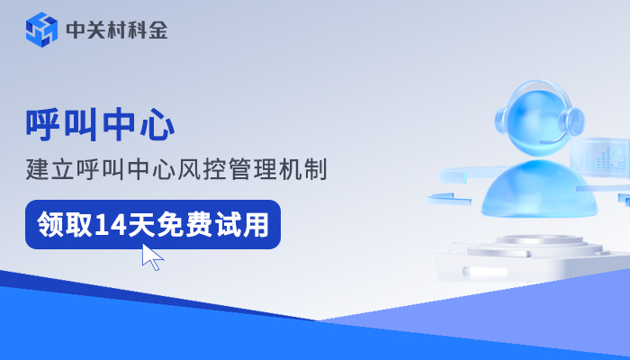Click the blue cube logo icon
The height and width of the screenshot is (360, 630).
pyautogui.click(x=41, y=30)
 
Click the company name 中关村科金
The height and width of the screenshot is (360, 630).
pyautogui.click(x=117, y=31)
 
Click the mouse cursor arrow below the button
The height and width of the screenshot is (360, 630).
pyautogui.click(x=152, y=257)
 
